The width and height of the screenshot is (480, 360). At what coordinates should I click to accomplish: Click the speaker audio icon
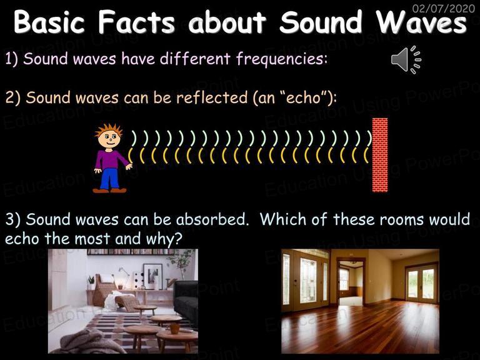pyautogui.click(x=406, y=60)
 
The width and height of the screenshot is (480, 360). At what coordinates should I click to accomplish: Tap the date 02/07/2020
pyautogui.click(x=444, y=8)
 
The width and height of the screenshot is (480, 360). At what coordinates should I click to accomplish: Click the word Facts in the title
pyautogui.click(x=136, y=22)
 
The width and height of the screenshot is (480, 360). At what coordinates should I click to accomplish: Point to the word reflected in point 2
pyautogui.click(x=212, y=97)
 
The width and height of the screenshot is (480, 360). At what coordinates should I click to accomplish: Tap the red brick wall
pyautogui.click(x=380, y=155)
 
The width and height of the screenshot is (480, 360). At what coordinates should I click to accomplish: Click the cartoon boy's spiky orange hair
pyautogui.click(x=109, y=130)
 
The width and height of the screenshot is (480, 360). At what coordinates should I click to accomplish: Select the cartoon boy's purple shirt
pyautogui.click(x=110, y=159)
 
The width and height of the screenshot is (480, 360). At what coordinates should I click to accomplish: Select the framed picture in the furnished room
pyautogui.click(x=152, y=276)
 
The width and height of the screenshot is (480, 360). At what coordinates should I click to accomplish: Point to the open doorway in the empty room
pyautogui.click(x=351, y=283)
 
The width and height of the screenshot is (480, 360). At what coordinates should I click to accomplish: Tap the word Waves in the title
pyautogui.click(x=421, y=22)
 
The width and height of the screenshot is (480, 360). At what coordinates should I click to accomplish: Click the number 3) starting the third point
pyautogui.click(x=13, y=219)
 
